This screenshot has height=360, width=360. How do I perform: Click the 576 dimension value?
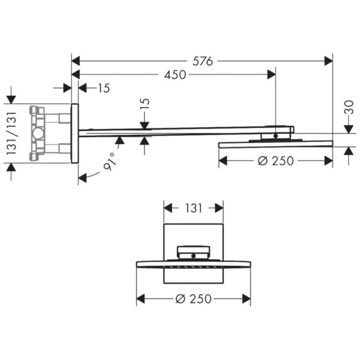click(x=202, y=61)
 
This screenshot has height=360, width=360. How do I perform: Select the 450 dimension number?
click(x=175, y=75)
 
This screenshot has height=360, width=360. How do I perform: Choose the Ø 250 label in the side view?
click(x=276, y=160)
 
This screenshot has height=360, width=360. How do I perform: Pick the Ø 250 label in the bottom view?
click(x=193, y=299)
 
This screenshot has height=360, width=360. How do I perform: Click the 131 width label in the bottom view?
click(x=193, y=208)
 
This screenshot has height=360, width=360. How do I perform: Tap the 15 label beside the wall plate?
click(x=103, y=88)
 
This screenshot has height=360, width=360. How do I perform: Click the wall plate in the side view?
click(x=75, y=133)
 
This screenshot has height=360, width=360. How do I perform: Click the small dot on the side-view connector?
click(x=276, y=136)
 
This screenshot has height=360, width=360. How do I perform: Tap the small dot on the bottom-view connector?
click(x=193, y=255)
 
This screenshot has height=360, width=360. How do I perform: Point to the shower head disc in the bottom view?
click(x=193, y=265)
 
